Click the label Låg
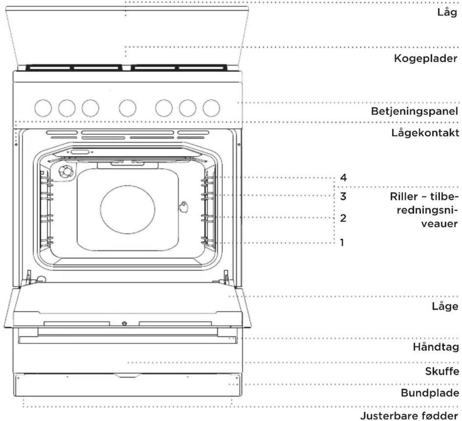tap(447, 12)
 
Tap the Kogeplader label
tap(425, 59)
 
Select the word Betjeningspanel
tap(415, 111)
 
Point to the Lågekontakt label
tap(425, 133)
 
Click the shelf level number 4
tap(343, 178)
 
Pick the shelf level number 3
tap(343, 196)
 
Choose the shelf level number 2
tap(343, 218)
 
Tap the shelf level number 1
tap(342, 243)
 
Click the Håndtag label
tap(436, 347)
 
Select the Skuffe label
tap(442, 371)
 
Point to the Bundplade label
tap(430, 393)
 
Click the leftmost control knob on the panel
tap(43, 108)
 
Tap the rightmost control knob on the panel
tap(211, 108)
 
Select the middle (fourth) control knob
tap(127, 108)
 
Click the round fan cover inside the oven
tap(127, 210)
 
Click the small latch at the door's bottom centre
tap(125, 323)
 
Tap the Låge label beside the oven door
tap(445, 307)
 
